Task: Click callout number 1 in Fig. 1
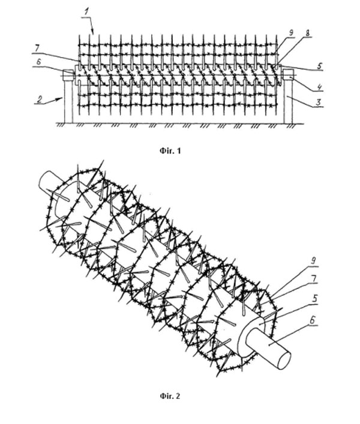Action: tap(86, 12)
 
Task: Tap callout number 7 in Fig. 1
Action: tap(37, 49)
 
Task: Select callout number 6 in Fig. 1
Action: tap(38, 62)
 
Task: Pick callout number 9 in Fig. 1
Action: tap(291, 33)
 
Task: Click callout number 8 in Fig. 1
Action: tap(308, 33)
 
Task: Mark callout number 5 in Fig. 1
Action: tap(320, 66)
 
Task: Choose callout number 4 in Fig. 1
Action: tap(319, 87)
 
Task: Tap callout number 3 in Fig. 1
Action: tap(319, 102)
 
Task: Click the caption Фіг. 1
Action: tap(170, 151)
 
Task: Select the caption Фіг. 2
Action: tap(170, 396)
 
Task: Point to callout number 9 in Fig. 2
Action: tap(313, 261)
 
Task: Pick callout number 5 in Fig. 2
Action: tap(314, 299)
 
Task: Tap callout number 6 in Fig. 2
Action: tap(313, 320)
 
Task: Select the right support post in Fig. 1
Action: tap(288, 101)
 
